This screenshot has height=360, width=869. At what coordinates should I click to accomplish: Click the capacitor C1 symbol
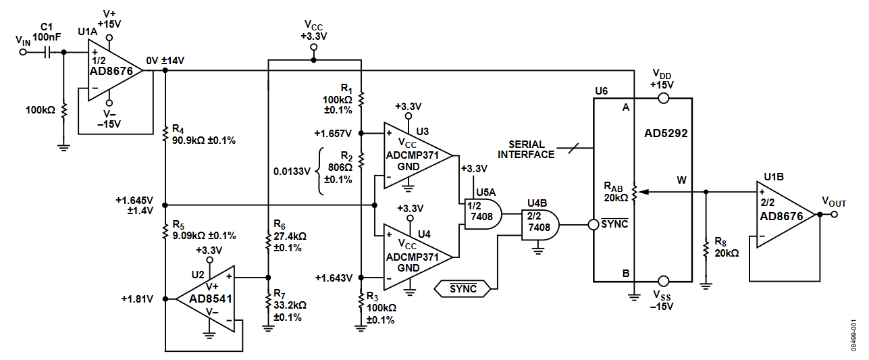coord(48,51)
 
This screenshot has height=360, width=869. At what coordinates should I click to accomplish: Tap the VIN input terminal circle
coord(23,51)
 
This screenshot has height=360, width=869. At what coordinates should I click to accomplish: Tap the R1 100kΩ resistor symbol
coord(361,99)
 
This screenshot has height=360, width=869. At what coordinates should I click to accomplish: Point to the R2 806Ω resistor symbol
coord(361,161)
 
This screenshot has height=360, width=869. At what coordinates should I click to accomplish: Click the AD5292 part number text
coord(665,133)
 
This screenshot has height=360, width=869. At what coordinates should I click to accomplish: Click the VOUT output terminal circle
coord(835,214)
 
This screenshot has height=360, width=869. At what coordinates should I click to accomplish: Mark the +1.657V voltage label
coord(334,133)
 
